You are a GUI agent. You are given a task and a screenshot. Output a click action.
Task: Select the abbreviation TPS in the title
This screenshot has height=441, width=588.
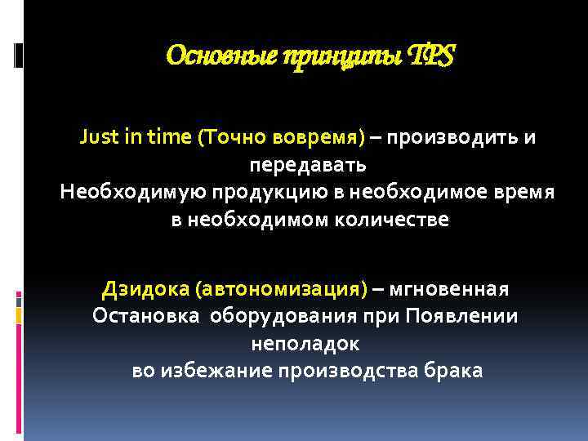coord(434,56)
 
